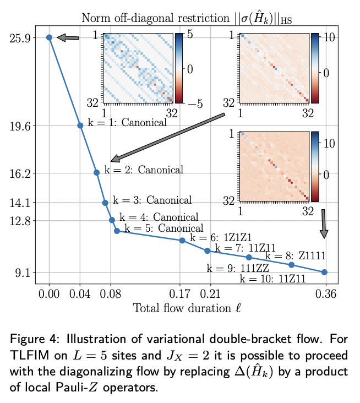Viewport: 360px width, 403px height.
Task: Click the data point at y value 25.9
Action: [x=49, y=37]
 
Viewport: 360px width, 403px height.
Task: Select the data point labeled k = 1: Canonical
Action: [x=80, y=125]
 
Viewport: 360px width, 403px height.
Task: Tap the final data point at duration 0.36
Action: [x=324, y=272]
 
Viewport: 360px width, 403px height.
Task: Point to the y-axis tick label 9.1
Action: [x=23, y=273]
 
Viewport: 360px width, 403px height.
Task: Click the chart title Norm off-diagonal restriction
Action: [x=187, y=18]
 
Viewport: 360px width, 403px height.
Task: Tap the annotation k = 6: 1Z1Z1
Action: [x=221, y=237]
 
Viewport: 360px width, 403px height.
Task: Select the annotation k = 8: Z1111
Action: [x=295, y=255]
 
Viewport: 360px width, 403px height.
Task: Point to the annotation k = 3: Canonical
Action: [x=152, y=200]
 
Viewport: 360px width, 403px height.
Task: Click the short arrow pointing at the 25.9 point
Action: [x=68, y=37]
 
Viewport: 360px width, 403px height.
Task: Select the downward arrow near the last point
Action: [x=324, y=224]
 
